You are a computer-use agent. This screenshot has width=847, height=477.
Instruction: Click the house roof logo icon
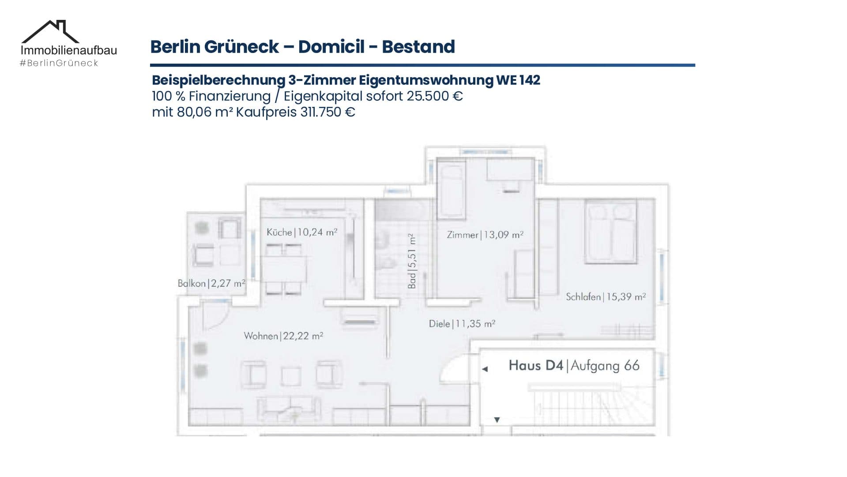pyautogui.click(x=50, y=31)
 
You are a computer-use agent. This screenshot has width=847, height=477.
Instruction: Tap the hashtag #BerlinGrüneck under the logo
pyautogui.click(x=59, y=63)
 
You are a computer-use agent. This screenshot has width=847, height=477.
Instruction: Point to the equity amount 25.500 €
pyautogui.click(x=435, y=96)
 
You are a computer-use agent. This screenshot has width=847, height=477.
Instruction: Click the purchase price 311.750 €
pyautogui.click(x=328, y=112)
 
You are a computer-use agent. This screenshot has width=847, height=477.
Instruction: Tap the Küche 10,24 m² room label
pyautogui.click(x=302, y=232)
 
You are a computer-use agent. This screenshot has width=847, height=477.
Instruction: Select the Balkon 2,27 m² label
pyautogui.click(x=211, y=283)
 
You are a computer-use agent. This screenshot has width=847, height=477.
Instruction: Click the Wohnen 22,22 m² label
pyautogui.click(x=283, y=336)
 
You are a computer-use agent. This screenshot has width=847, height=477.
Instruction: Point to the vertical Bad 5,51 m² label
pyautogui.click(x=412, y=261)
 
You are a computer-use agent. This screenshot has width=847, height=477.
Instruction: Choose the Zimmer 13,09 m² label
pyautogui.click(x=485, y=235)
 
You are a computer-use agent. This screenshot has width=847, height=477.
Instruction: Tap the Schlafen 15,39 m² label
pyautogui.click(x=606, y=296)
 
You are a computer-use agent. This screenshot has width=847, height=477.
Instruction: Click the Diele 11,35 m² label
pyautogui.click(x=462, y=324)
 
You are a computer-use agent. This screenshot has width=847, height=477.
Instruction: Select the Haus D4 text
pyautogui.click(x=536, y=365)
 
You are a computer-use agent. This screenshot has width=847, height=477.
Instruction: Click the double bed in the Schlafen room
pyautogui.click(x=611, y=232)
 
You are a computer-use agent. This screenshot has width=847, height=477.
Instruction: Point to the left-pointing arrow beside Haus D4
pyautogui.click(x=485, y=369)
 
